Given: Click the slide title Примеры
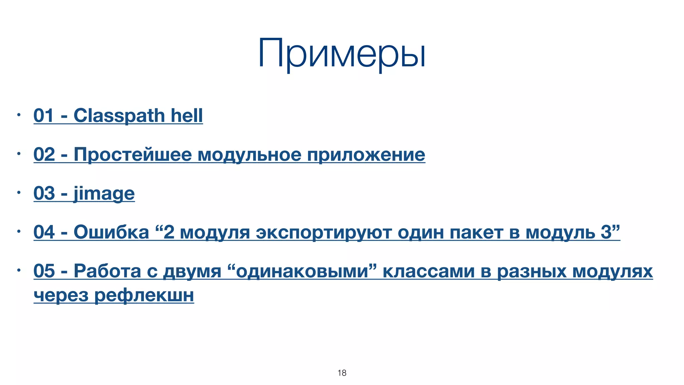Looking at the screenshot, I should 342,53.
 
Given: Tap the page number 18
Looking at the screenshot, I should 342,373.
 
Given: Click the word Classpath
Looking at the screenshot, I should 119,116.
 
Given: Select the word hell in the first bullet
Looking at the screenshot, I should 187,116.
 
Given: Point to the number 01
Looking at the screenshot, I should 43,116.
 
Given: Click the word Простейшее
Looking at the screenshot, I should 133,154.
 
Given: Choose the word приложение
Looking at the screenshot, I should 366,154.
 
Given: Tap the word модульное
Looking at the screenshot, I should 249,154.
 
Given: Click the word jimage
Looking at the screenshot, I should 104,194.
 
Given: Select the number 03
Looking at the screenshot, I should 44,194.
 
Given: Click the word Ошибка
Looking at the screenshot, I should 111,232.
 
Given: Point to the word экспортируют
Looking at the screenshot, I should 324,233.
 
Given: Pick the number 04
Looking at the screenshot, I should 44,232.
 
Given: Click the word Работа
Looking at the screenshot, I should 107,271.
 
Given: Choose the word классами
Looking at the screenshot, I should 429,271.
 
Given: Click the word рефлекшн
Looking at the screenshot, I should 144,295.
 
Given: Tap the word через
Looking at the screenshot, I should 61,295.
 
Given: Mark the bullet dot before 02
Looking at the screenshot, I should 19,154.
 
